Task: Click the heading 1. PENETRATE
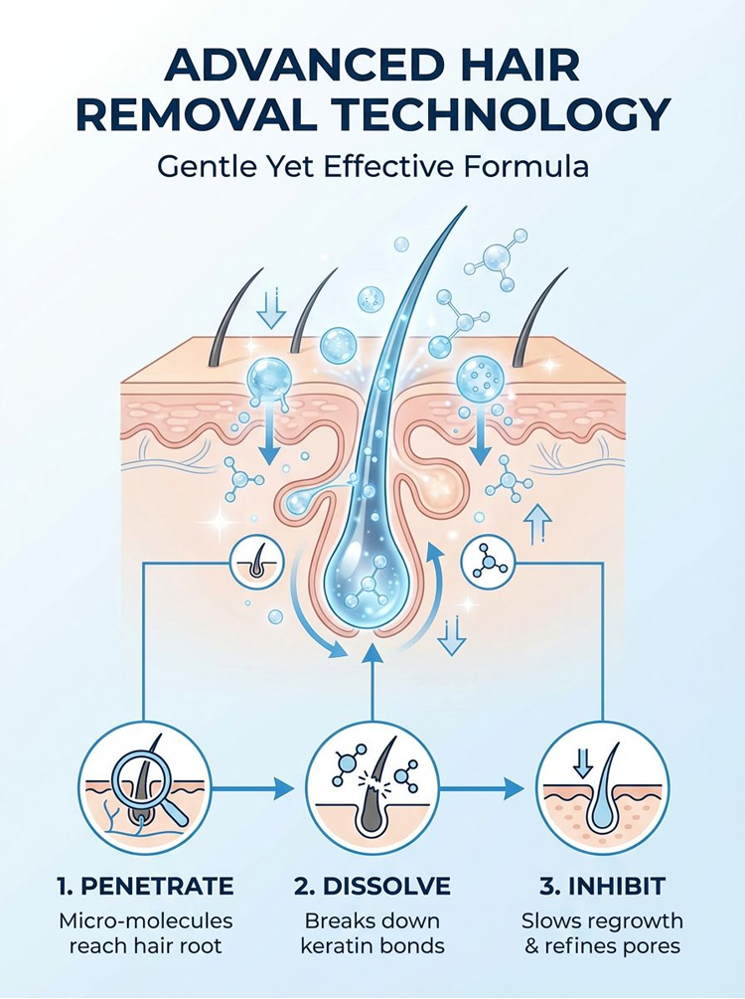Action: coord(145,886)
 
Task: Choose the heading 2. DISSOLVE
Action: coord(372,886)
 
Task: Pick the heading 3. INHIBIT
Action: coord(602,886)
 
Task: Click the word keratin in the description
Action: coord(336,945)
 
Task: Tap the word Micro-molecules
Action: coord(146,920)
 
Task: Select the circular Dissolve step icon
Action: coord(372,788)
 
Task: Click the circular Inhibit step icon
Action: coord(602,788)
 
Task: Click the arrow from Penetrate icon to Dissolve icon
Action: coord(252,788)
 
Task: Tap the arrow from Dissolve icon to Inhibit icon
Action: coord(482,788)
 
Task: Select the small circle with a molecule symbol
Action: coord(488,563)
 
